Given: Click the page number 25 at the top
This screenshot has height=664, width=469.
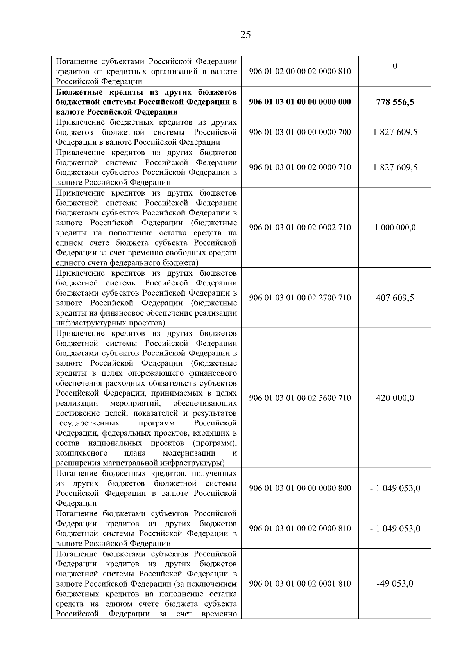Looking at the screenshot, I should (245, 35).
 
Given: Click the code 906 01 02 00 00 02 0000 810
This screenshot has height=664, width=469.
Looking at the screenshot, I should (300, 71).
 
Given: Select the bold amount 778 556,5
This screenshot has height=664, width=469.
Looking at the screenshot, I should (395, 102).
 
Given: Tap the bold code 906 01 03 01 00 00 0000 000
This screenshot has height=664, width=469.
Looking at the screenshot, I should (300, 102).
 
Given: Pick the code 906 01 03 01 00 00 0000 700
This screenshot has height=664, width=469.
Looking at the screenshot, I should (300, 132).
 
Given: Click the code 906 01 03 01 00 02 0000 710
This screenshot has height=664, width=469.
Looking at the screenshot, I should (300, 167).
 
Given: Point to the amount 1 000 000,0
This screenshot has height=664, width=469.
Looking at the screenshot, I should (395, 228).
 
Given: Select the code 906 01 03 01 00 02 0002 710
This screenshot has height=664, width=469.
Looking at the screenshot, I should (300, 228).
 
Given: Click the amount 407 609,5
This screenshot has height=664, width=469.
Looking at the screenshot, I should (395, 298).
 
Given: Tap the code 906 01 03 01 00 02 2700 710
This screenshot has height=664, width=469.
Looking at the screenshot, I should (300, 298).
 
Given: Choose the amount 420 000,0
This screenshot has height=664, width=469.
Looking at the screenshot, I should (395, 398).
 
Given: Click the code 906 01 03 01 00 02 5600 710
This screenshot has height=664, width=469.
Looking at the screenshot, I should (300, 398).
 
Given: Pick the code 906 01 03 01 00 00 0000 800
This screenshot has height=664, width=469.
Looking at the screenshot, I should (300, 488).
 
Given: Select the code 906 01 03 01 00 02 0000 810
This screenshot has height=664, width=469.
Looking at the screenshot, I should (300, 528).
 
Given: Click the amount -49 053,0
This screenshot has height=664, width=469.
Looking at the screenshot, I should (395, 584).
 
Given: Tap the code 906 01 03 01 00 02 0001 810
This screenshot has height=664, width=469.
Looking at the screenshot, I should (300, 584).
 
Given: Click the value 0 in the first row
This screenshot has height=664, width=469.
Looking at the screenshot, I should (395, 66).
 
